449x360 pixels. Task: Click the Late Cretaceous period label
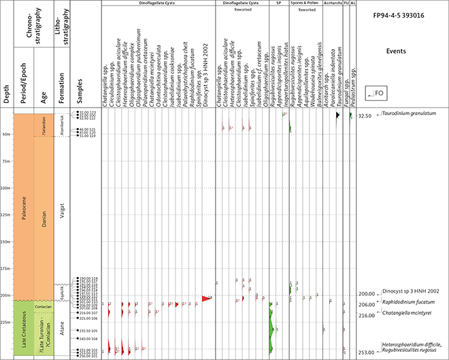click(24, 329)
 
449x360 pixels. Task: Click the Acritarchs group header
click(331, 4)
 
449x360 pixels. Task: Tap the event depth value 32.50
click(365, 116)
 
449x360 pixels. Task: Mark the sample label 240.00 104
click(88, 339)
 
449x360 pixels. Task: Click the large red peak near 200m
click(206, 298)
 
